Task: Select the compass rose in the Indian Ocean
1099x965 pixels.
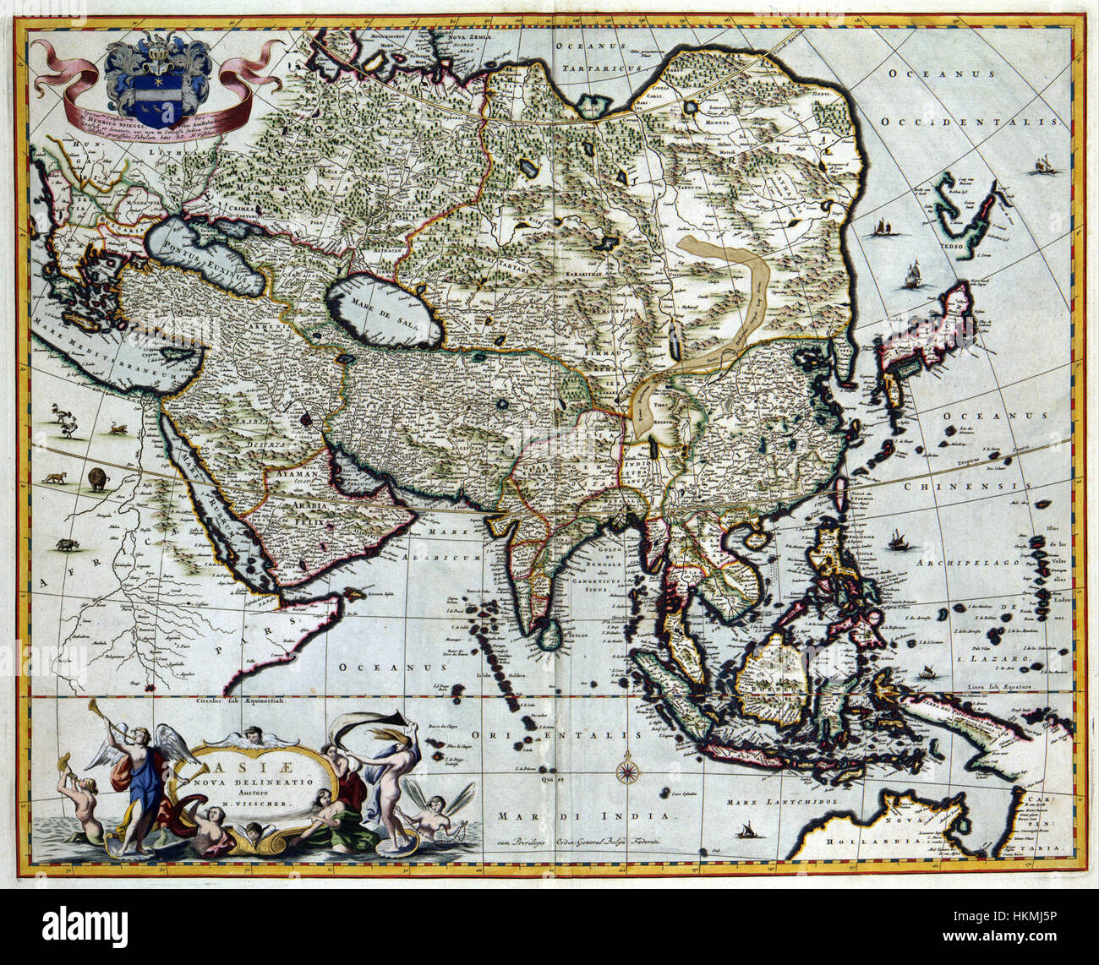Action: point(627,769)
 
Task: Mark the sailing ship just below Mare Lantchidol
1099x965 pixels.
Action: point(748,831)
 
